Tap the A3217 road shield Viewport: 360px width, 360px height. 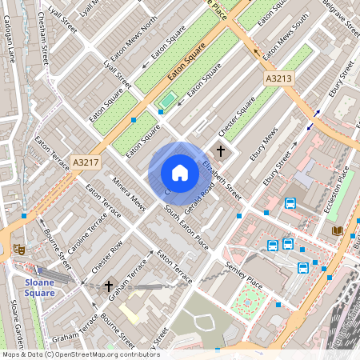86,162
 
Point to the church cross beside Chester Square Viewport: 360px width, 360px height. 222,150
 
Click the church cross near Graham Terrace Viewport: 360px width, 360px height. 109,286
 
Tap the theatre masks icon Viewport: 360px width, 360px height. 20,250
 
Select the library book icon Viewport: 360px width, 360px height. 337,231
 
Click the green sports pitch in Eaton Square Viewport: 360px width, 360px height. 166,101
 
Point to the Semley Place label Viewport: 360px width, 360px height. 244,275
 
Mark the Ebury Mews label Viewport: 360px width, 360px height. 263,148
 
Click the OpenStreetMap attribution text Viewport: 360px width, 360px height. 80,354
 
